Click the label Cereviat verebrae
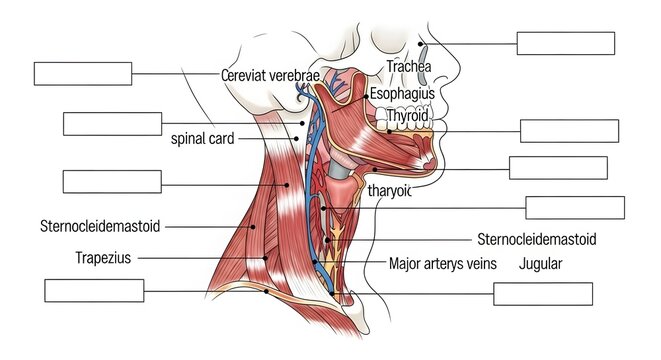coord(270,75)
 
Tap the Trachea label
coord(408,67)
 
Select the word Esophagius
coord(402,93)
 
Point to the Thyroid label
coord(406,116)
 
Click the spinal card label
coord(202,139)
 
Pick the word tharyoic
coord(389,191)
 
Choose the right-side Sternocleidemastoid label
coord(537,240)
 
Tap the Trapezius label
coord(103,257)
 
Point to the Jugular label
coord(541,265)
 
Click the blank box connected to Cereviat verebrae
coord(83,73)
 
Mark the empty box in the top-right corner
coord(565,42)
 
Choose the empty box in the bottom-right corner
coord(543,294)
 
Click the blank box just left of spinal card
coord(112,123)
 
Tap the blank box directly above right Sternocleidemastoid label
coord(575,208)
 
